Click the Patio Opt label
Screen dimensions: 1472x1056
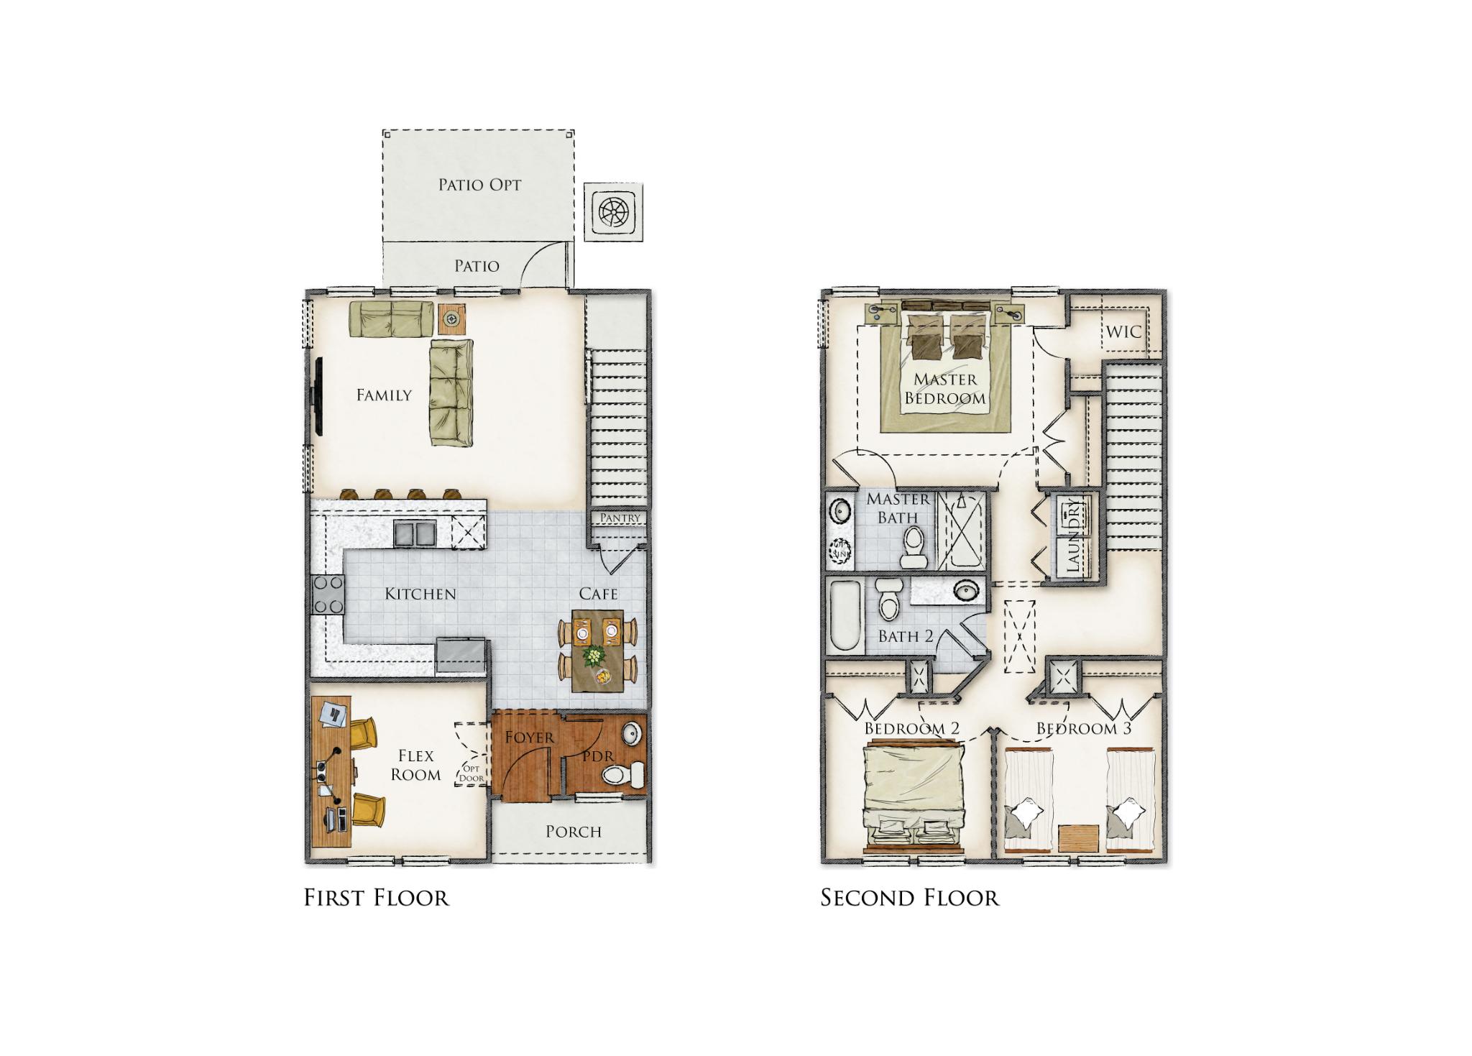(479, 185)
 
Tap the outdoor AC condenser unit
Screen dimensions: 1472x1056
(613, 212)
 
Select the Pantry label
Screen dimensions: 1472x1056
(620, 518)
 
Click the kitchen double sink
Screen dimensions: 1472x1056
(415, 533)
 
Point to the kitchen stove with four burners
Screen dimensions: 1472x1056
(327, 594)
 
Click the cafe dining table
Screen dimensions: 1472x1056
(598, 651)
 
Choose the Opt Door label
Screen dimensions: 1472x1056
(471, 773)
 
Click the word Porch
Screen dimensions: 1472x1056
(574, 832)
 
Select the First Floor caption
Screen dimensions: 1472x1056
(377, 898)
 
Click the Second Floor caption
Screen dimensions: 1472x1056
(910, 898)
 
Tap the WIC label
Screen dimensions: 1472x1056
(1124, 332)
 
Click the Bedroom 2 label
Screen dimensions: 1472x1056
(912, 728)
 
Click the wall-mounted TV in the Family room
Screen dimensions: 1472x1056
(317, 397)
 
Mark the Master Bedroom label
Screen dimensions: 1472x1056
(945, 388)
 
